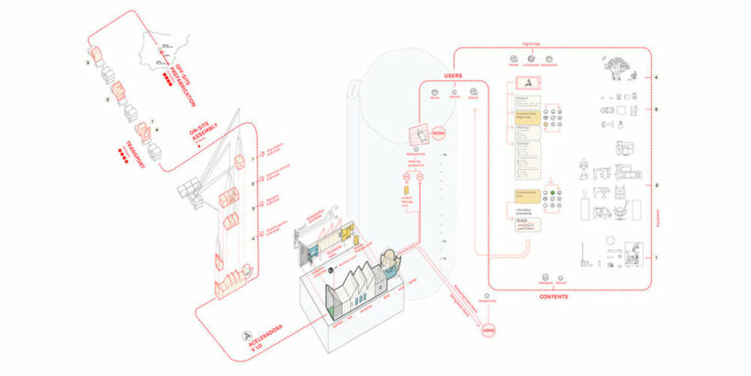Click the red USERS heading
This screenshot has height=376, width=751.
(451, 75)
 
